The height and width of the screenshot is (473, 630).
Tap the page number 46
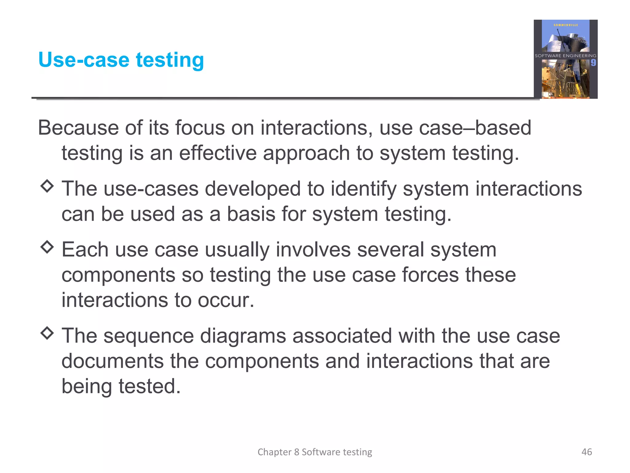587,452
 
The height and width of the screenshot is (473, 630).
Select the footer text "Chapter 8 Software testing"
315,452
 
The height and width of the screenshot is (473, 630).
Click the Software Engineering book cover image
565,59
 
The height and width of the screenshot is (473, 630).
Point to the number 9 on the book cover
593,63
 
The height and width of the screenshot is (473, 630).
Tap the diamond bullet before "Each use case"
47,247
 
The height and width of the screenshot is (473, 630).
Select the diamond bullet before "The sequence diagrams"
47,333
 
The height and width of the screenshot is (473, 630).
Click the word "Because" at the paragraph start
78,127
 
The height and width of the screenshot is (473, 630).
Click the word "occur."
226,300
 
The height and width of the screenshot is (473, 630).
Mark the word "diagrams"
243,336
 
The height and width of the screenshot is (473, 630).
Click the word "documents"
113,361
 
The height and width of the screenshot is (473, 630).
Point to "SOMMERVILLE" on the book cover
566,25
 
